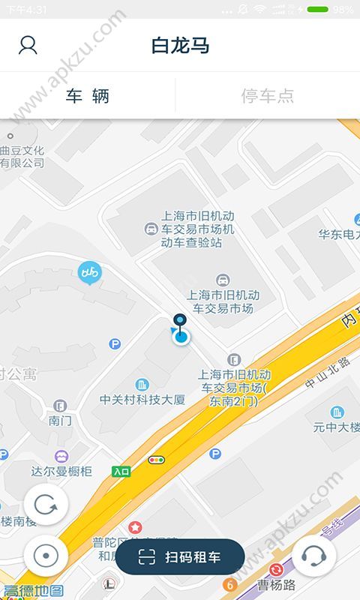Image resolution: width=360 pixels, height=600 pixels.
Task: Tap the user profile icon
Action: pos(28,45)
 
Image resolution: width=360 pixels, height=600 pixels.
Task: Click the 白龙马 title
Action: pos(180,45)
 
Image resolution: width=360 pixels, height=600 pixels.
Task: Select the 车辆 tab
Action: pos(88,96)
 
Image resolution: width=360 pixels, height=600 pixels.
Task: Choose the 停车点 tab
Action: pos(267,96)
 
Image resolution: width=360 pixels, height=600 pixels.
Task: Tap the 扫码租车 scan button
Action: pos(180,557)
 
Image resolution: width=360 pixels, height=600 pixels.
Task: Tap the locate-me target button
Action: pos(46,556)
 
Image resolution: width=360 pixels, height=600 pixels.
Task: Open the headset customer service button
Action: pos(313,557)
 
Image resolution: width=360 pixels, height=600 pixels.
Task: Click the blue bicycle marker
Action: pos(89,271)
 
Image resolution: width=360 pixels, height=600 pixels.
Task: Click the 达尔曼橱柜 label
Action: pos(61,471)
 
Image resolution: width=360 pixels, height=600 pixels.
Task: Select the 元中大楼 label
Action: pos(337,427)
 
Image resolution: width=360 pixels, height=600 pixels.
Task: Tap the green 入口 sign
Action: pos(121,471)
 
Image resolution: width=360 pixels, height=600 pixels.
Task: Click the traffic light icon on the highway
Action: pos(157,460)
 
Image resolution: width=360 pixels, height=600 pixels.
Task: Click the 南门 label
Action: pos(60,421)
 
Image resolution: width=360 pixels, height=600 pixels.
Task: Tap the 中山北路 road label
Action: pos(328,382)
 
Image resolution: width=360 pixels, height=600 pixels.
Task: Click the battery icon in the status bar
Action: pos(317,10)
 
